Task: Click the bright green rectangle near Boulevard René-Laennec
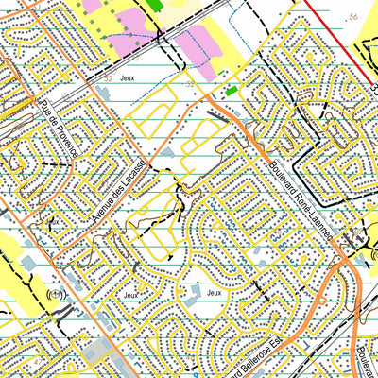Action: (231, 91)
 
